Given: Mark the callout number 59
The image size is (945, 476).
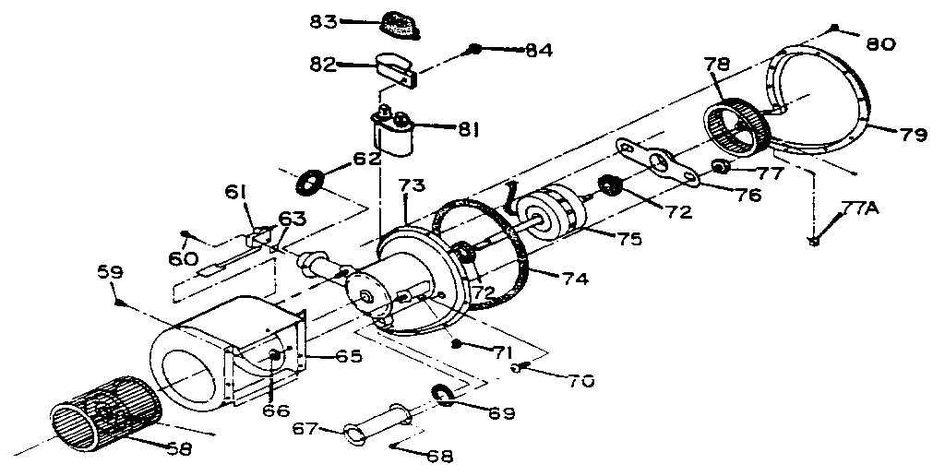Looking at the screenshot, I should (110, 273).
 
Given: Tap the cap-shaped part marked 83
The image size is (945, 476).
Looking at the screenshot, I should (400, 25).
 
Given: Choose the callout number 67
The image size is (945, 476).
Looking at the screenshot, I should (305, 428).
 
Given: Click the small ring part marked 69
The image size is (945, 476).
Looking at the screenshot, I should (444, 396).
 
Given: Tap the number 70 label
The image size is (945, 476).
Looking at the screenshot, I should (581, 379).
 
